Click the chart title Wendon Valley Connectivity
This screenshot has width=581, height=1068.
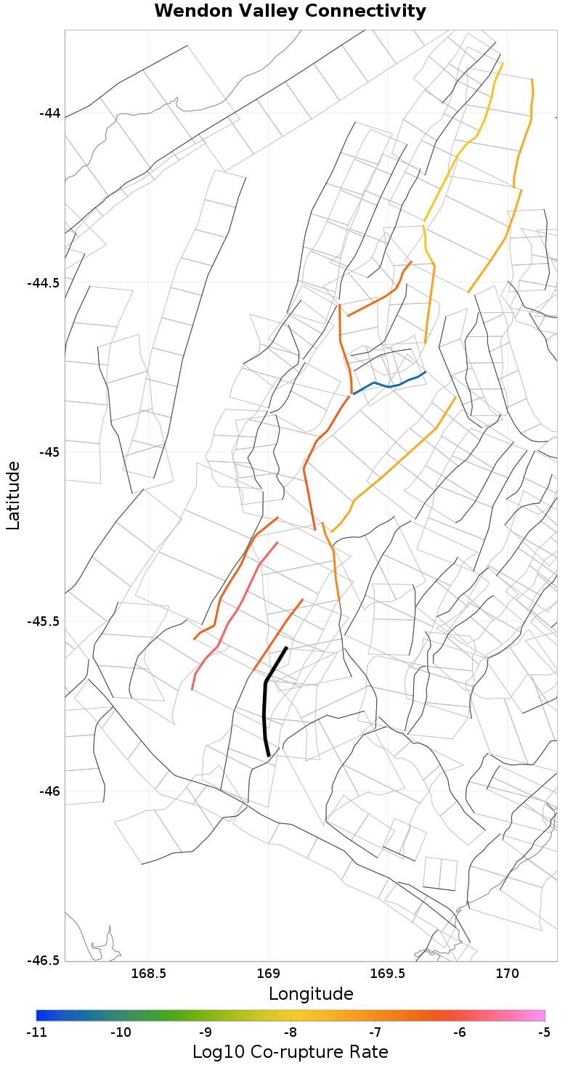pyautogui.click(x=290, y=11)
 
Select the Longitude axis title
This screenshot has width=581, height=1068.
pyautogui.click(x=311, y=994)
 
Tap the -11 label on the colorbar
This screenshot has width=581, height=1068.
pyautogui.click(x=36, y=1032)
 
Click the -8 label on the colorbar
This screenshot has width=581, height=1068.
pyautogui.click(x=290, y=1032)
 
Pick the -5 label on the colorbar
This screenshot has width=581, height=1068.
pyautogui.click(x=545, y=1032)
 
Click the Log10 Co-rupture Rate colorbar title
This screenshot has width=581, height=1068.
pyautogui.click(x=290, y=1052)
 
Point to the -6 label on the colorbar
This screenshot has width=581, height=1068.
pyautogui.click(x=460, y=1032)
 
